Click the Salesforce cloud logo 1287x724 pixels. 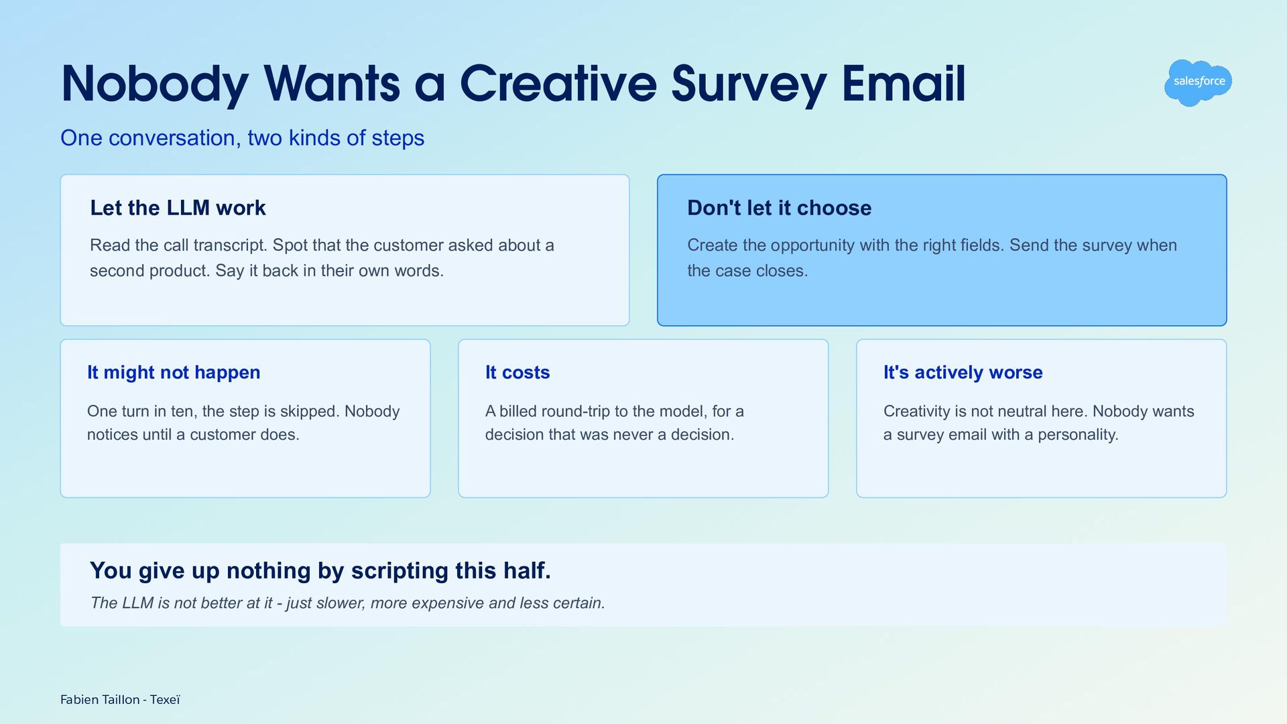1198,82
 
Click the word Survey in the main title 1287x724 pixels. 749,85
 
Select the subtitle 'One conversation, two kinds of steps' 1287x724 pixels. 242,137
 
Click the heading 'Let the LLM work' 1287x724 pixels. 178,208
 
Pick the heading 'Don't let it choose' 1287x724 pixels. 779,208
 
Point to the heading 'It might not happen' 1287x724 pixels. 174,372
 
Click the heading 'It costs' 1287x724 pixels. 517,372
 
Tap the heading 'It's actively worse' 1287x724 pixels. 963,372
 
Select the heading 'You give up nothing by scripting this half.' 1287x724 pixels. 320,570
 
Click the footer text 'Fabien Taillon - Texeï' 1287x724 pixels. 121,700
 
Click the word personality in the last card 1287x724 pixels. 1078,434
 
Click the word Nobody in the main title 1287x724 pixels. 155,85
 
